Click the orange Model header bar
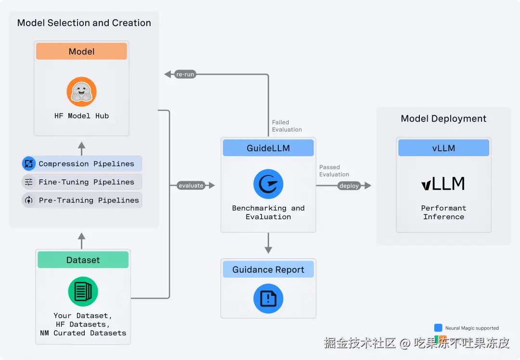tap(81, 52)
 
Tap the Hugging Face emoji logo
tap(81, 92)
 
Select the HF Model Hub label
tap(81, 116)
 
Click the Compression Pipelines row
tap(82, 164)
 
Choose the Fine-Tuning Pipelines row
tap(82, 182)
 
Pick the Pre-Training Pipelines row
tap(82, 200)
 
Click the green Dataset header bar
tap(83, 260)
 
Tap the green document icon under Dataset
tap(83, 292)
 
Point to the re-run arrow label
tap(185, 75)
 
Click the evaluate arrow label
tap(191, 186)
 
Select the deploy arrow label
tap(349, 186)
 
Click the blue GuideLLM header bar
tap(268, 148)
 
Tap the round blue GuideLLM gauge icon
tap(268, 184)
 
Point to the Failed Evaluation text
tap(287, 126)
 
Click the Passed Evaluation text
tap(334, 171)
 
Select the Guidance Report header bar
tap(268, 270)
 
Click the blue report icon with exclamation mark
tap(268, 299)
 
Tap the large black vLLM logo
tap(443, 184)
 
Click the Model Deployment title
tap(443, 119)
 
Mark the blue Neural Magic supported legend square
tap(438, 328)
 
